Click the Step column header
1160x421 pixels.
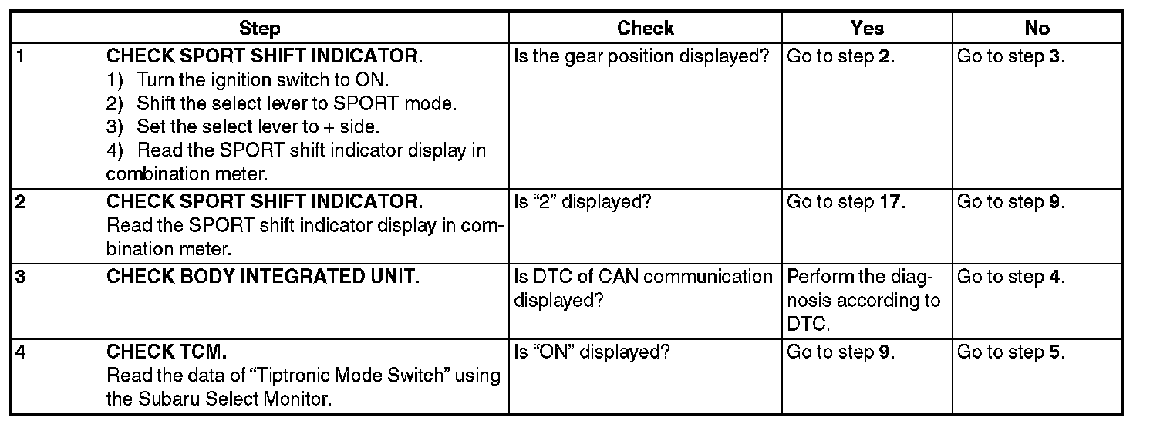click(x=259, y=29)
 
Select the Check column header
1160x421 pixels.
click(x=646, y=29)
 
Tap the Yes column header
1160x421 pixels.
click(x=867, y=29)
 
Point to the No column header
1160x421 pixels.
click(x=1037, y=29)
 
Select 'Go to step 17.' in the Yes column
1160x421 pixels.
click(x=846, y=202)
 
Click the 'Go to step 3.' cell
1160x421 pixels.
click(x=1010, y=57)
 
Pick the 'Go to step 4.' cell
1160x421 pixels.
click(x=1010, y=277)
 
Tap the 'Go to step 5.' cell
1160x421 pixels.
click(x=1010, y=352)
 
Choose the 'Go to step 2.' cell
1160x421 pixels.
click(x=841, y=57)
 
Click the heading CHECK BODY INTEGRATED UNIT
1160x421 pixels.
click(x=263, y=277)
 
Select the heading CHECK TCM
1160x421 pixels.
click(x=167, y=352)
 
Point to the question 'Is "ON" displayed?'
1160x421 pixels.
click(x=592, y=352)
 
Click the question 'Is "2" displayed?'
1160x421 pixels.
click(x=582, y=202)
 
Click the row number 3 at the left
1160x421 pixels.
click(x=20, y=277)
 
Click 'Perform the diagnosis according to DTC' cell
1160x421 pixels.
click(x=864, y=300)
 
